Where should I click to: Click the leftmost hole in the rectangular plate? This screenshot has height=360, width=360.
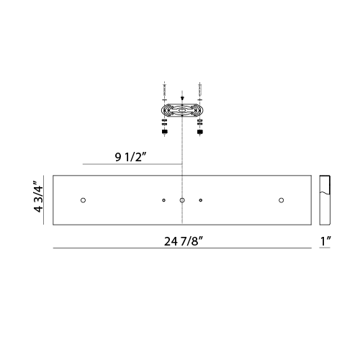click(83, 199)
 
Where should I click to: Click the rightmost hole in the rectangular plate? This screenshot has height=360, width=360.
click(282, 199)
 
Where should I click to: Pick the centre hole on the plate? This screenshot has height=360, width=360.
click(182, 199)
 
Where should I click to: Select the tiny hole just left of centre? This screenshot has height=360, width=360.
click(163, 199)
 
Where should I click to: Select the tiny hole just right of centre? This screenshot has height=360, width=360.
click(201, 199)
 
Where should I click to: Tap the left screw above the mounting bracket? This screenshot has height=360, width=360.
click(166, 94)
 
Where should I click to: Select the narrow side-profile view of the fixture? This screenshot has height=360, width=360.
click(325, 199)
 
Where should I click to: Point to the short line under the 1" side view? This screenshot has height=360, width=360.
click(325, 248)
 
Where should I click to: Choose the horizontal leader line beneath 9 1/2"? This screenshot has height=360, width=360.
click(133, 165)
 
